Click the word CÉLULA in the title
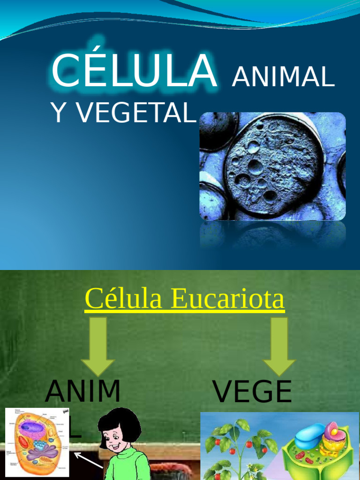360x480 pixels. coord(134,71)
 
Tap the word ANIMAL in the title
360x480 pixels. coord(283,78)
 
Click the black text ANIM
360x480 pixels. coord(82,392)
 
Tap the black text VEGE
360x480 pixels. coord(252,392)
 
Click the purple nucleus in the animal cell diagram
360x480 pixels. coord(32,427)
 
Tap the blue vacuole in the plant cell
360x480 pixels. coord(310,434)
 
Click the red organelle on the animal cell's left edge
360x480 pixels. coord(23,442)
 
